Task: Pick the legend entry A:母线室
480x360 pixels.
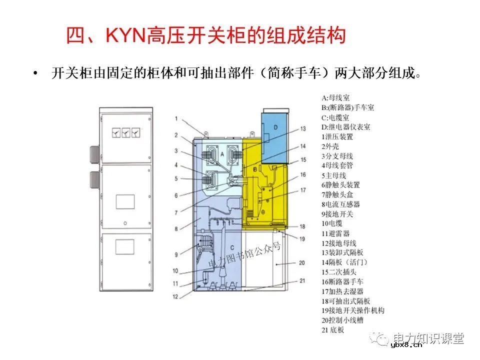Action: [x=336, y=98]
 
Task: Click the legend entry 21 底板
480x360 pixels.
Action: [x=333, y=330]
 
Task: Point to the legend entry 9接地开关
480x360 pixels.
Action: [x=337, y=214]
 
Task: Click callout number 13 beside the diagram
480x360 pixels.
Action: [x=302, y=129]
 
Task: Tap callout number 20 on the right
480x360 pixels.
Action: [x=301, y=262]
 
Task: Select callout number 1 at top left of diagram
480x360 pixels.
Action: [x=176, y=118]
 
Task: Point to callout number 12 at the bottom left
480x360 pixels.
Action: [x=175, y=296]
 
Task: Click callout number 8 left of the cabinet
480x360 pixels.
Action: [x=176, y=229]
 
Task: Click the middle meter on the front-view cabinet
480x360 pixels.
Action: [x=126, y=133]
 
